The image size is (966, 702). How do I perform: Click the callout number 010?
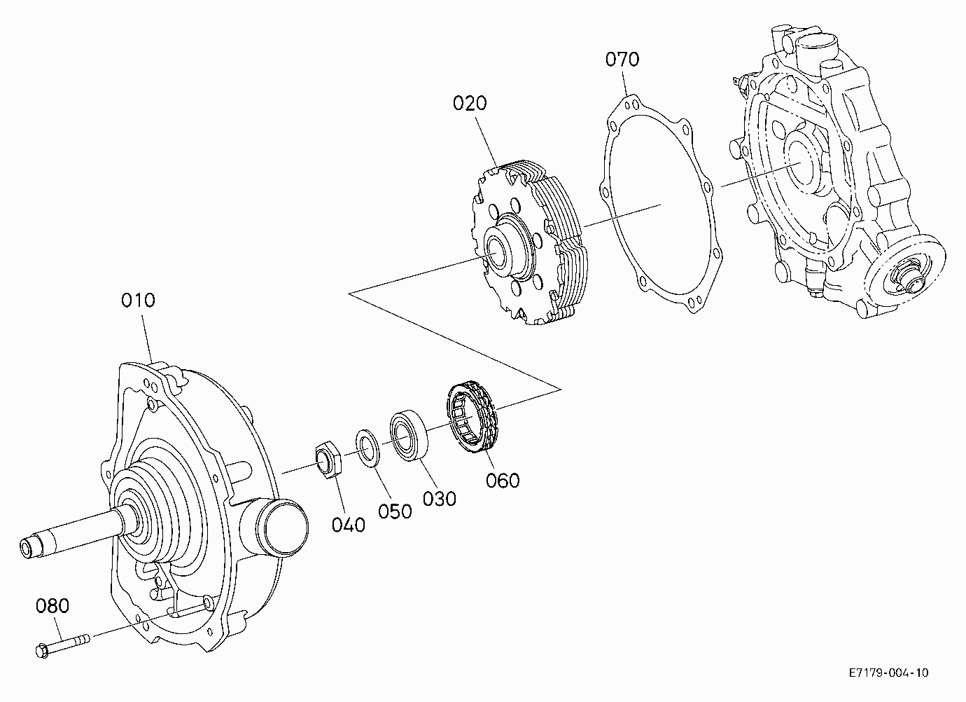click(x=138, y=300)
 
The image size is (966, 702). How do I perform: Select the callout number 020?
click(x=470, y=103)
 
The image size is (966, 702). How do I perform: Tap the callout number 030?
click(x=439, y=499)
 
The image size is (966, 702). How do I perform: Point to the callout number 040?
click(x=349, y=525)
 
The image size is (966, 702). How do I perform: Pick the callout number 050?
click(x=395, y=511)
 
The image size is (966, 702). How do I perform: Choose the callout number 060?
click(x=503, y=481)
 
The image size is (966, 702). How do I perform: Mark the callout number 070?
click(x=622, y=60)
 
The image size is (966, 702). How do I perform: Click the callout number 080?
click(x=52, y=606)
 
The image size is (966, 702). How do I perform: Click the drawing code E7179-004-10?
click(x=888, y=673)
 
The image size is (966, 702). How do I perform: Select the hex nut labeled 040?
click(x=328, y=459)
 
